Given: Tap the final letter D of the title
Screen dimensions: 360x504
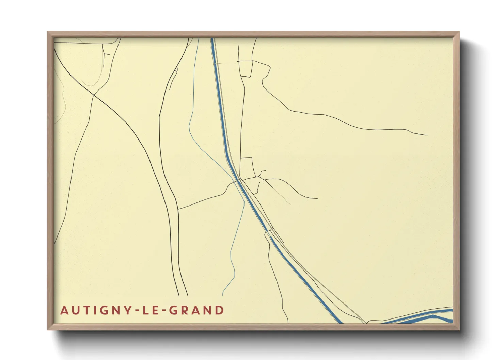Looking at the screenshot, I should point(220,310).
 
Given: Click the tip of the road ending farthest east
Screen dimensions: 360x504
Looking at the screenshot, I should point(427,135).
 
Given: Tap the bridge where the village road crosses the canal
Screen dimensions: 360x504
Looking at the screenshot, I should point(239,180).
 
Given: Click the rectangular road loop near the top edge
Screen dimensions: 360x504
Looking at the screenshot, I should point(246,68).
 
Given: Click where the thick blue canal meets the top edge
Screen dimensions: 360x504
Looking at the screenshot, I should point(212,38).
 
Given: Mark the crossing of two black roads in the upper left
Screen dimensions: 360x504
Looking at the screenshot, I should point(94,95).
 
